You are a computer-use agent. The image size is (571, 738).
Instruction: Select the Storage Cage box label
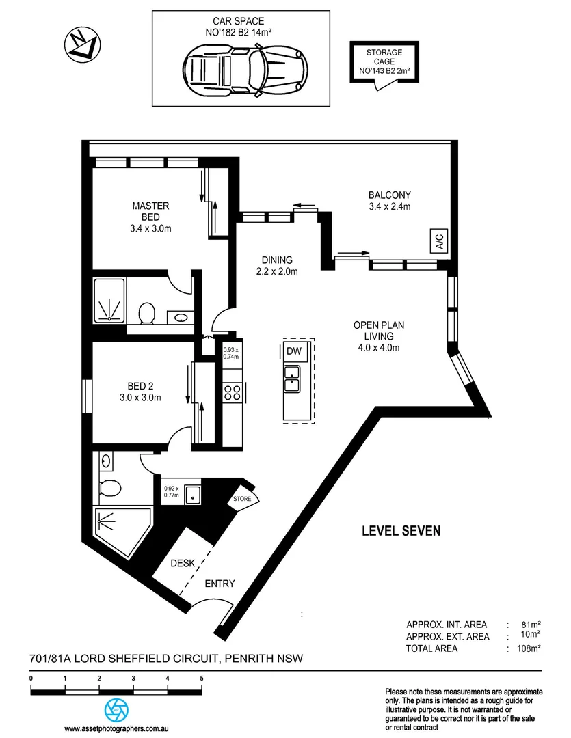(x=384, y=61)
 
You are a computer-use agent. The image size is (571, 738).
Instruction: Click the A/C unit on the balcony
(x=438, y=241)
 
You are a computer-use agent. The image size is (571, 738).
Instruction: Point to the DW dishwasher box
(x=294, y=351)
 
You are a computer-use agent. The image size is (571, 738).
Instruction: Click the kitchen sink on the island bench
(x=292, y=378)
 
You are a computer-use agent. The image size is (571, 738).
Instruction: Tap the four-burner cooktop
(x=232, y=392)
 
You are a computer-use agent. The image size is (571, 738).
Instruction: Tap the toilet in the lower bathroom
(x=109, y=488)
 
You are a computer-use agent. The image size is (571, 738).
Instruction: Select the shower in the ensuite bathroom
(x=109, y=300)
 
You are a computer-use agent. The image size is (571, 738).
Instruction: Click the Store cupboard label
(x=241, y=499)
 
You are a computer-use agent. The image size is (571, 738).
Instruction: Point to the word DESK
(x=183, y=564)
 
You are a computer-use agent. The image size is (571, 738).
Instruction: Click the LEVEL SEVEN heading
(x=401, y=530)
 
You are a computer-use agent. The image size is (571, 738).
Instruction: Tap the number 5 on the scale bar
(x=202, y=679)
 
